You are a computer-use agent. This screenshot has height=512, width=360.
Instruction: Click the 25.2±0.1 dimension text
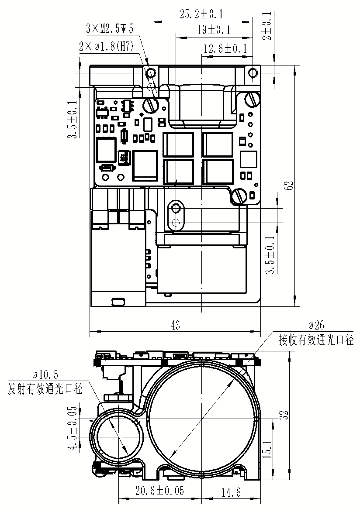coord(201,14)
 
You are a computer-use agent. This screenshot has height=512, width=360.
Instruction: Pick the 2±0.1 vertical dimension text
coord(267,26)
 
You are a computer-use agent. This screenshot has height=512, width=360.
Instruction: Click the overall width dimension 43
coord(175,325)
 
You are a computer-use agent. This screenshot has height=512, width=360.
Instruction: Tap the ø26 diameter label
coord(316,326)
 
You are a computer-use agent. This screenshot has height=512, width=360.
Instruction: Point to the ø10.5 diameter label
coord(45,374)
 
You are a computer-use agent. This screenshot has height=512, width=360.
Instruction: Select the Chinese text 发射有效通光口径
coord(45,388)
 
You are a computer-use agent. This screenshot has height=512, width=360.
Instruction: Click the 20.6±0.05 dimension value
coord(159,491)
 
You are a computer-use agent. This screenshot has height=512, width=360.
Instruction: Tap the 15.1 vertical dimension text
coord(268,449)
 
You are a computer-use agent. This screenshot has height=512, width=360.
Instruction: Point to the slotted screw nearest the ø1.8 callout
coord(150,104)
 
